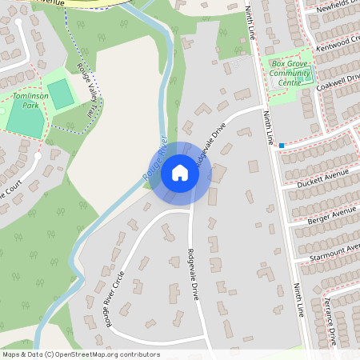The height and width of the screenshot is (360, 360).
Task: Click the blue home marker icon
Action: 179,172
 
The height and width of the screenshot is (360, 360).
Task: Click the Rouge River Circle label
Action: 106,296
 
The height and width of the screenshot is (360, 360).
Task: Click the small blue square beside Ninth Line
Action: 282,145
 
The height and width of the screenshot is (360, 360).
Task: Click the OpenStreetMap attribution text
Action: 81,354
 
